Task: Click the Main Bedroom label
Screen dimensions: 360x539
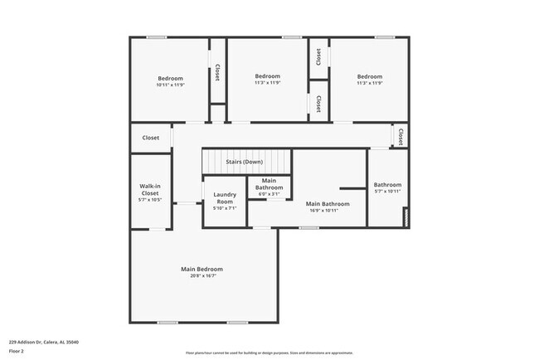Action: pyautogui.click(x=202, y=269)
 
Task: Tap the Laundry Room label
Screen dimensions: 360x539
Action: pyautogui.click(x=225, y=199)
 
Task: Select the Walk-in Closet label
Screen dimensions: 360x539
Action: pyautogui.click(x=149, y=190)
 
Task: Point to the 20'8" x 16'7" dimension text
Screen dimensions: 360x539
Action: pyautogui.click(x=202, y=277)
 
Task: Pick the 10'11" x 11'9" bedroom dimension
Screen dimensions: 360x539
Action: pyautogui.click(x=170, y=85)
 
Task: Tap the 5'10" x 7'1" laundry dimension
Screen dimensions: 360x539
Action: pyautogui.click(x=225, y=208)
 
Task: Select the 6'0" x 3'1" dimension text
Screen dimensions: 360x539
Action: pyautogui.click(x=269, y=194)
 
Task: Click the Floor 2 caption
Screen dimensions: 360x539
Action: pyautogui.click(x=17, y=350)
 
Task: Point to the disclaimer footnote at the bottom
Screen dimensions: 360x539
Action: pyautogui.click(x=269, y=353)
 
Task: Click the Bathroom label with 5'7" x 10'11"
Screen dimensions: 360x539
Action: pyautogui.click(x=387, y=185)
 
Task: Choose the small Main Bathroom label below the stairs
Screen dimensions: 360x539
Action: pyautogui.click(x=269, y=184)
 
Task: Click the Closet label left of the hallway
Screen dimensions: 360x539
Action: pyautogui.click(x=151, y=138)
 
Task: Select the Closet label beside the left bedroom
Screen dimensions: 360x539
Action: pyautogui.click(x=217, y=72)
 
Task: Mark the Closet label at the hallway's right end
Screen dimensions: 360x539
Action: pyautogui.click(x=401, y=135)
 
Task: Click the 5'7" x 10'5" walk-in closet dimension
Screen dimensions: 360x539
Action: pyautogui.click(x=149, y=200)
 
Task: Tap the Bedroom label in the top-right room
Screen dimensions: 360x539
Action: pyautogui.click(x=369, y=76)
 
